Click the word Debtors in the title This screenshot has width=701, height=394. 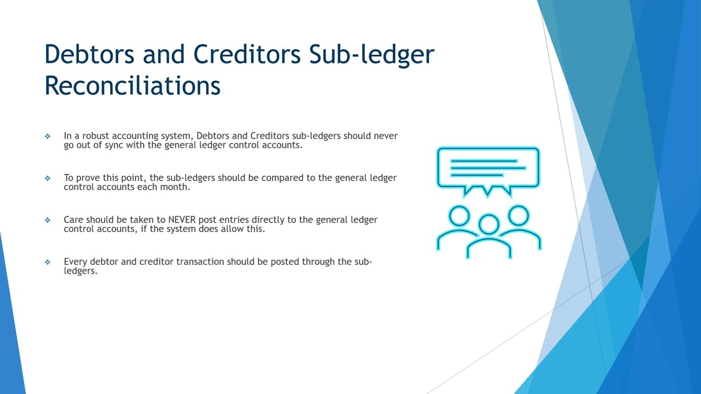89,54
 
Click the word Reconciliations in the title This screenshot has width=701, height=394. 133,85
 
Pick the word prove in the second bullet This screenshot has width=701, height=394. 88,178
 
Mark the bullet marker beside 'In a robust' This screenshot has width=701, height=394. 48,136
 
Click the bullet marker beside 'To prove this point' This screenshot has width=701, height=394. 48,178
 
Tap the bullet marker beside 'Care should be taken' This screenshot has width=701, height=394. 48,220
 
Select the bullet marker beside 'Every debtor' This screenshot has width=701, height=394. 48,262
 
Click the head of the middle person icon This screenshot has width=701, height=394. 489,224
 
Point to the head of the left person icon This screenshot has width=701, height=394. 459,216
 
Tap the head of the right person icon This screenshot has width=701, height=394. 519,216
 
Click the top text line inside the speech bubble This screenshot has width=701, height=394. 484,161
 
